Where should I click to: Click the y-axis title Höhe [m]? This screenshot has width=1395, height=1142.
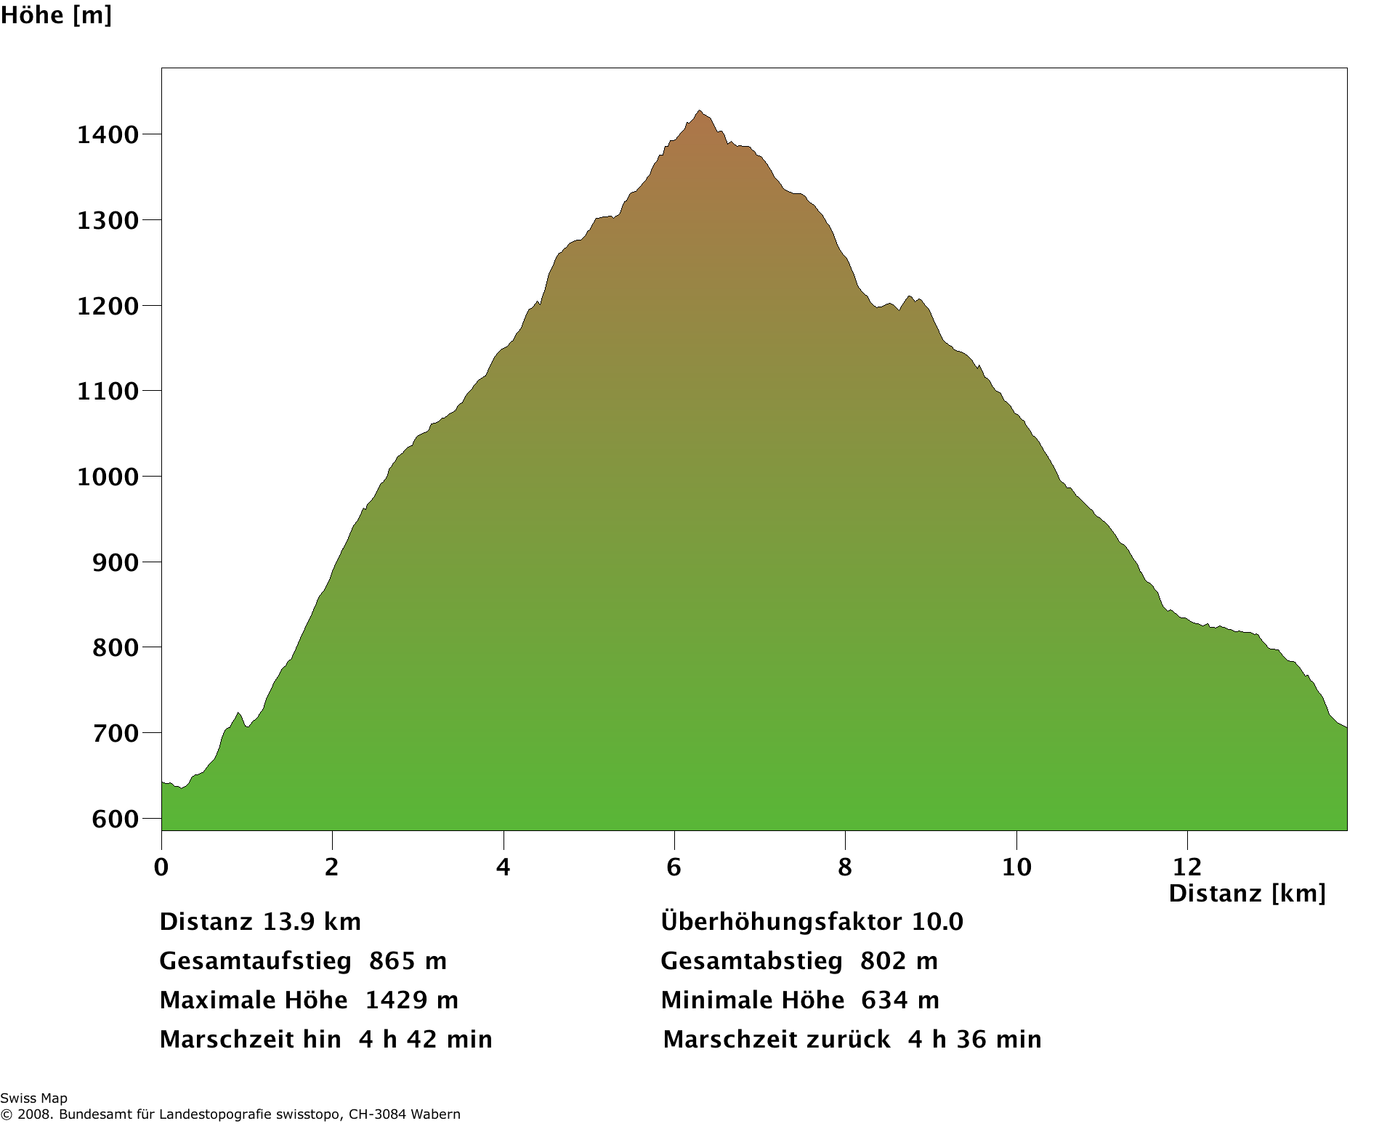click(x=56, y=15)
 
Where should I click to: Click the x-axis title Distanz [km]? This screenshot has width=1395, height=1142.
click(x=1247, y=893)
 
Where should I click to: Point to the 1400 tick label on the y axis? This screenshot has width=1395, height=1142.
click(x=108, y=134)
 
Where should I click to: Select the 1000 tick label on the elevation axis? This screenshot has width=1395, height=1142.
click(x=108, y=477)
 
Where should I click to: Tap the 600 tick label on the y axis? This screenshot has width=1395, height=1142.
click(x=115, y=819)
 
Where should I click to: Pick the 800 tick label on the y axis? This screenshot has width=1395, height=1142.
click(x=115, y=647)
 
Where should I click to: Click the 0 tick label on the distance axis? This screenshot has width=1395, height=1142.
click(x=161, y=867)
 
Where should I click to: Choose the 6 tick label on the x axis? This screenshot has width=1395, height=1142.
click(x=674, y=867)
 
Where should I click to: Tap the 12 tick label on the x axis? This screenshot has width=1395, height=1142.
click(x=1187, y=867)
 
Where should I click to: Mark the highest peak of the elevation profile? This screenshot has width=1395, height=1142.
click(x=700, y=111)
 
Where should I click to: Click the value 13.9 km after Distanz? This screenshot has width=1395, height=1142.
click(x=312, y=922)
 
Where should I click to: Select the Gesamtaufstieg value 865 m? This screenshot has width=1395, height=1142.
click(x=408, y=961)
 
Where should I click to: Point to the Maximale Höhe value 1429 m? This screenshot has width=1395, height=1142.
click(x=411, y=1000)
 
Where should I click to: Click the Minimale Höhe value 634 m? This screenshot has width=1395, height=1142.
click(x=900, y=1000)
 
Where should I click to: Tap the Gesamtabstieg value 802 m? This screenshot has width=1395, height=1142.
click(x=899, y=961)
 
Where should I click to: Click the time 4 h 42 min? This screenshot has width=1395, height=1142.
click(x=425, y=1040)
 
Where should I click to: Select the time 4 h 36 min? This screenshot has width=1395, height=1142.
click(x=974, y=1040)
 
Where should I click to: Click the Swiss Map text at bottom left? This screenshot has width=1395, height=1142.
click(x=33, y=1098)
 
